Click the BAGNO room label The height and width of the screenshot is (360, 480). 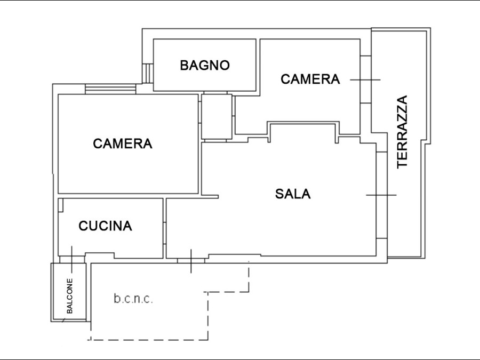pyautogui.click(x=205, y=65)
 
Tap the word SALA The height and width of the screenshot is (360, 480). pyautogui.click(x=293, y=194)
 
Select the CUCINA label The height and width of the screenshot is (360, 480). pyautogui.click(x=105, y=226)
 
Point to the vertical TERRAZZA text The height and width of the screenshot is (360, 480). pyautogui.click(x=402, y=132)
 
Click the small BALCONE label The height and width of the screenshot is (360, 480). pyautogui.click(x=70, y=295)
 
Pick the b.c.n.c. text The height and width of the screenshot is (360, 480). pyautogui.click(x=133, y=299)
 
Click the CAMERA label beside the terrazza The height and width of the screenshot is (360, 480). pyautogui.click(x=310, y=79)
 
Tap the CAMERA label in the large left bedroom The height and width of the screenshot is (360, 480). pyautogui.click(x=123, y=143)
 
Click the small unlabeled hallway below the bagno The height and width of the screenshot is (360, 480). pyautogui.click(x=217, y=116)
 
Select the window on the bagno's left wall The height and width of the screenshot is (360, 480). pyautogui.click(x=148, y=73)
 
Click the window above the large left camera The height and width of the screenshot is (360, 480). pyautogui.click(x=110, y=89)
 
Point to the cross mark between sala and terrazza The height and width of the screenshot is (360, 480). pyautogui.click(x=381, y=195)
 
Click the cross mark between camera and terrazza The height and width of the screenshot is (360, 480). pyautogui.click(x=365, y=79)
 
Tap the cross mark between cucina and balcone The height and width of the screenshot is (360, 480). pyautogui.click(x=72, y=259)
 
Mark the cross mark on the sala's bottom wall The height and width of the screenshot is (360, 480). pyautogui.click(x=191, y=261)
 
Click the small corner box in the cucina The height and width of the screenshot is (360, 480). pyautogui.click(x=61, y=205)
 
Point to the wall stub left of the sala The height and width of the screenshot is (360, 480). pyautogui.click(x=210, y=196)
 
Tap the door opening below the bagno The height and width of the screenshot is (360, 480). pyautogui.click(x=215, y=92)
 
